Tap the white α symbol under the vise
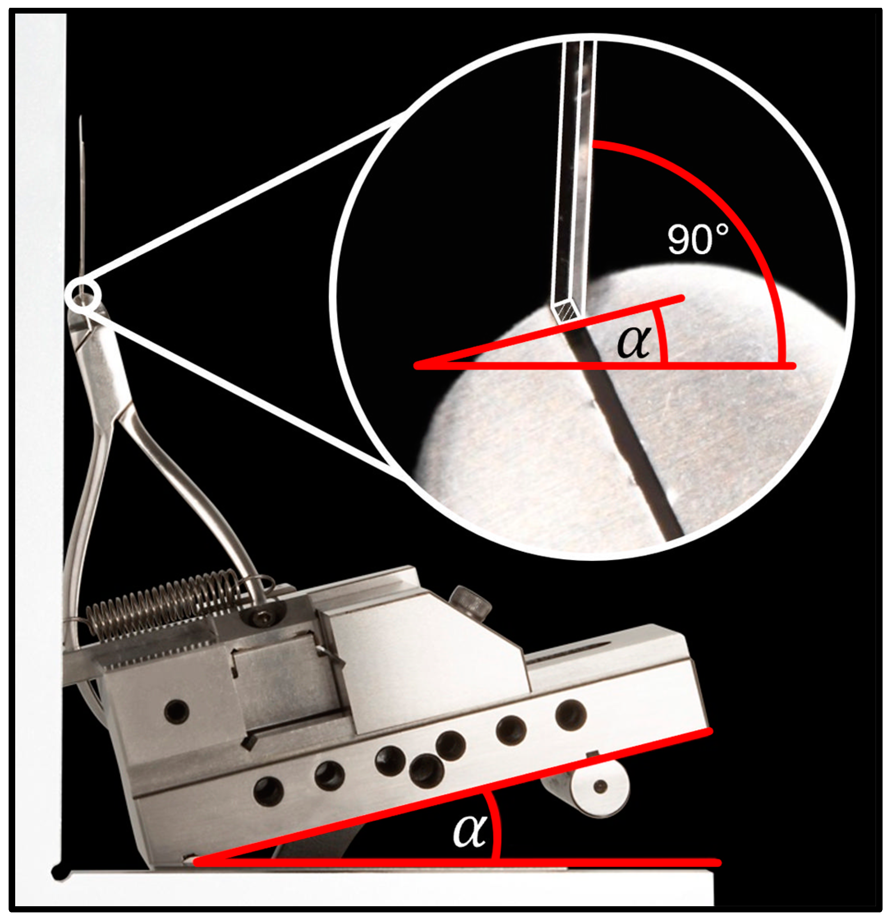click(470, 830)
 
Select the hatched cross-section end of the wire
click(567, 311)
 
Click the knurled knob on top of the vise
click(470, 602)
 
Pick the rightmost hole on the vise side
click(571, 714)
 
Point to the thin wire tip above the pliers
click(80, 117)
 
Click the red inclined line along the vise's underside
click(454, 795)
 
